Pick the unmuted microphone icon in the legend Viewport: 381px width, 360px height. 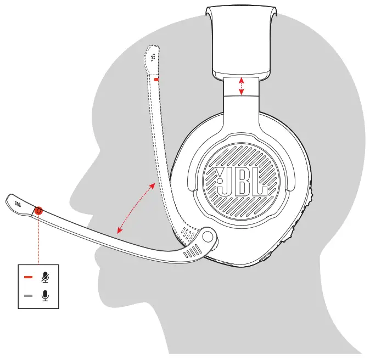tap(45, 296)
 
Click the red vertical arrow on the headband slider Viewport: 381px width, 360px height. tap(242, 86)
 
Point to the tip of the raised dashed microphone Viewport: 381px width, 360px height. tap(152, 53)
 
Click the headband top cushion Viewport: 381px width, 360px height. tap(241, 41)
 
